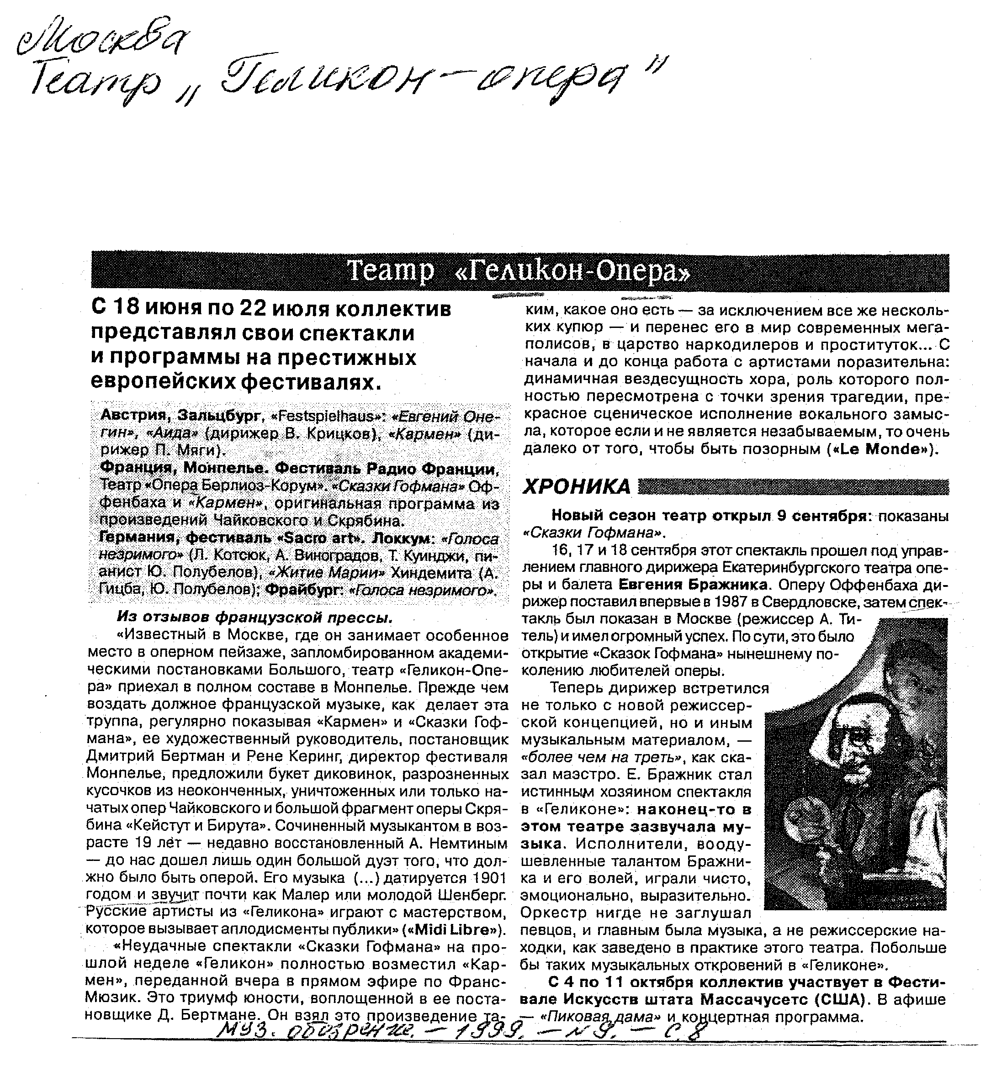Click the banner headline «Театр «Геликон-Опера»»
519,272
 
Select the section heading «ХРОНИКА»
577,486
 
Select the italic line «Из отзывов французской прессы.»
255,617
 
